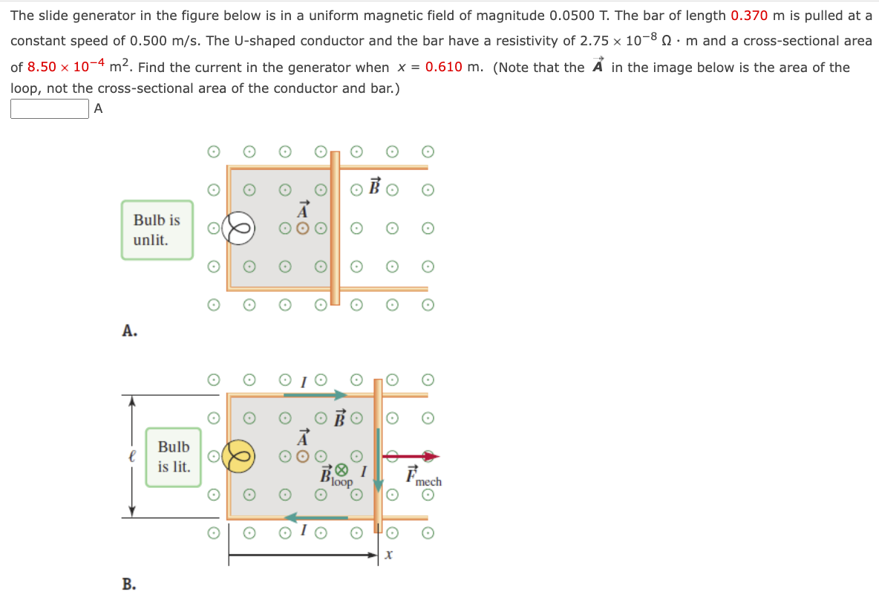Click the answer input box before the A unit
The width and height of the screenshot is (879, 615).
pos(50,109)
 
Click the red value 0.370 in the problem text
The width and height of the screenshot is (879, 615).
pos(748,16)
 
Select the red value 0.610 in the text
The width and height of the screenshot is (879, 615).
pos(443,68)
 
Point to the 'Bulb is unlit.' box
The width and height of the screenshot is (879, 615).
pos(157,230)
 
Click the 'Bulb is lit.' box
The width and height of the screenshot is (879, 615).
pos(173,457)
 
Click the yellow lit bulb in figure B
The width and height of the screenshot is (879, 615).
pos(241,456)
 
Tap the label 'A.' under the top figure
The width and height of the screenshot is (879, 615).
pos(129,331)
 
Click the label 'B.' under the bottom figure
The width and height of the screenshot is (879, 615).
pos(129,584)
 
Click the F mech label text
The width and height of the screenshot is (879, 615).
pos(422,477)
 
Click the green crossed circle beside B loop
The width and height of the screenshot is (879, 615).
pos(342,469)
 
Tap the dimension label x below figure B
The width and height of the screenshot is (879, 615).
pos(388,555)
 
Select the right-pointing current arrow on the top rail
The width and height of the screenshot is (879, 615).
pos(316,395)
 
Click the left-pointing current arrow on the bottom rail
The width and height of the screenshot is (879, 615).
pos(316,517)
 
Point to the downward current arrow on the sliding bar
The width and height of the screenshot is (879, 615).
pos(379,460)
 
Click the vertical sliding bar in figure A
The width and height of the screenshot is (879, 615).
pos(335,228)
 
